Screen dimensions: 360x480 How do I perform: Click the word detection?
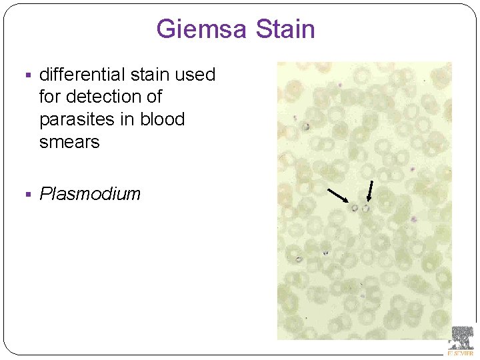pyautogui.click(x=107, y=97)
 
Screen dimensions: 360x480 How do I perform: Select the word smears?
pyautogui.click(x=69, y=142)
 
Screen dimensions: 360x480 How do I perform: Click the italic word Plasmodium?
pyautogui.click(x=90, y=194)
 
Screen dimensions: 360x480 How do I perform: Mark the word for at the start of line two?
pyautogui.click(x=50, y=97)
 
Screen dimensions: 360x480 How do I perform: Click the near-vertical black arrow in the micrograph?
pyautogui.click(x=370, y=190)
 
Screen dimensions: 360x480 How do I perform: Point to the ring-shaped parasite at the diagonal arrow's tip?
pyautogui.click(x=355, y=209)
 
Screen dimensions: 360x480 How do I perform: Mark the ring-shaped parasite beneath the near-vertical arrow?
pyautogui.click(x=366, y=209)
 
